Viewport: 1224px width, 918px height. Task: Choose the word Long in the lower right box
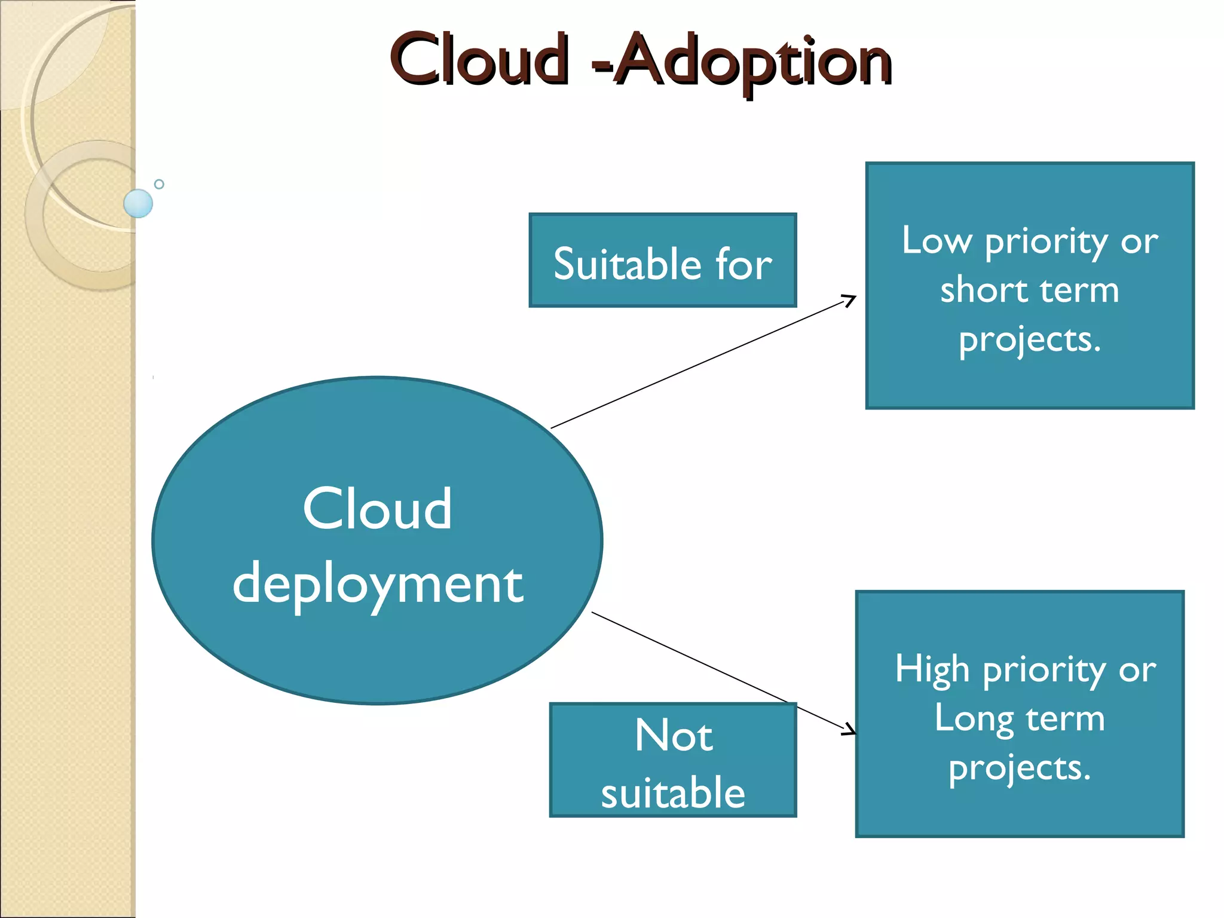pyautogui.click(x=974, y=718)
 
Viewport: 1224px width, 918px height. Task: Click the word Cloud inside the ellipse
pyautogui.click(x=377, y=509)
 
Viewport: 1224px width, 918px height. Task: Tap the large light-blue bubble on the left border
pyautogui.click(x=138, y=203)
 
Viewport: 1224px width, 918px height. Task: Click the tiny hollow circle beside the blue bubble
pyautogui.click(x=159, y=184)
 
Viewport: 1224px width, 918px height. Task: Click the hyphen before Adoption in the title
pyautogui.click(x=601, y=67)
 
